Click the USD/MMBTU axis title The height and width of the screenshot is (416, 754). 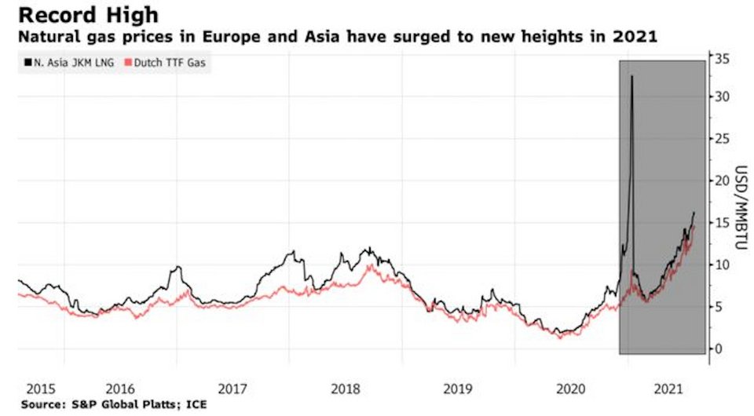[741, 203]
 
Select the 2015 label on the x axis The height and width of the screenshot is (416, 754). [40, 389]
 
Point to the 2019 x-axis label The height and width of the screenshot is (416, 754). [459, 389]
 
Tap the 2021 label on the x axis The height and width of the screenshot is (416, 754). [668, 389]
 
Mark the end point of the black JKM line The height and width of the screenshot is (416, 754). [694, 212]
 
